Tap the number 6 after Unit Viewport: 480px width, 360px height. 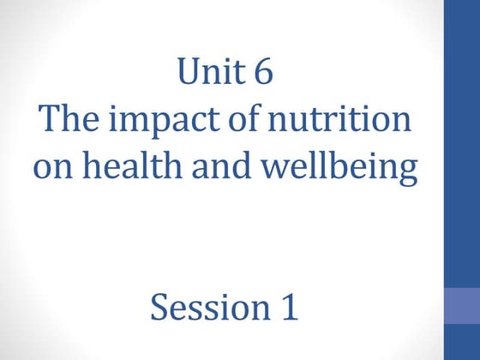point(263,73)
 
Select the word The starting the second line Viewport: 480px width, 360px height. point(66,121)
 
